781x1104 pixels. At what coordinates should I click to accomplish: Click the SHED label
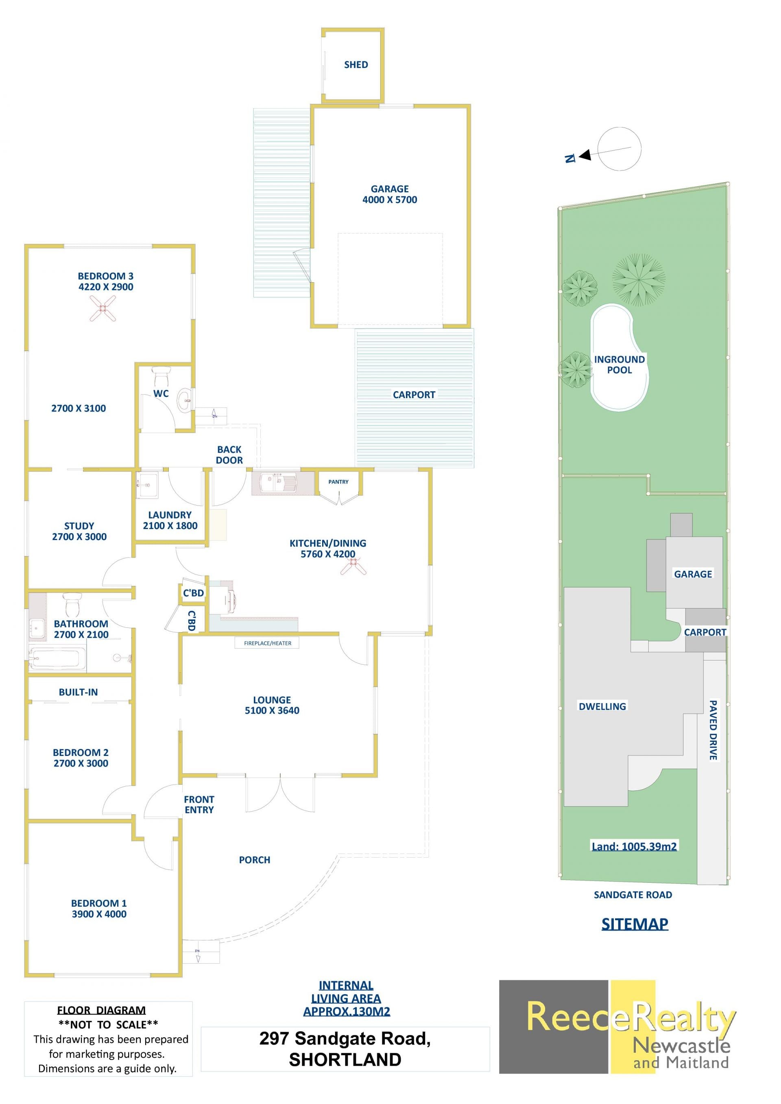click(356, 64)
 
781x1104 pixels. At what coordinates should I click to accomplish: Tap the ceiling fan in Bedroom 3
click(103, 308)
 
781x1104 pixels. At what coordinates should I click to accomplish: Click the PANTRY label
click(338, 481)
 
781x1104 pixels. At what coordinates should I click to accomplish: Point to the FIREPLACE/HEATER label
click(267, 643)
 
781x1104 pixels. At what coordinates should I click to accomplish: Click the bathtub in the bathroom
click(58, 658)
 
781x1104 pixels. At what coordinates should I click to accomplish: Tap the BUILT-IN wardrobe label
click(79, 692)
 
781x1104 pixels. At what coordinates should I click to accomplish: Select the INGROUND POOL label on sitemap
click(620, 364)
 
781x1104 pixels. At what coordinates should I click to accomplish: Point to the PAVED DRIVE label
click(713, 730)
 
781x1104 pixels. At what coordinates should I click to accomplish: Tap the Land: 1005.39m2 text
click(634, 846)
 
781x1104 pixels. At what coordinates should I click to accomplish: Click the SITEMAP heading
click(635, 924)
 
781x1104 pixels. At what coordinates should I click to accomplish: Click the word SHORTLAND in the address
click(345, 1060)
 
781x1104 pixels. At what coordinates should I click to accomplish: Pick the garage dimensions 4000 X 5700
click(390, 200)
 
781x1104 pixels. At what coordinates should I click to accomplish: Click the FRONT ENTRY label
click(199, 804)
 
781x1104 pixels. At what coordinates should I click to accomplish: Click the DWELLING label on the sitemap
click(602, 706)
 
